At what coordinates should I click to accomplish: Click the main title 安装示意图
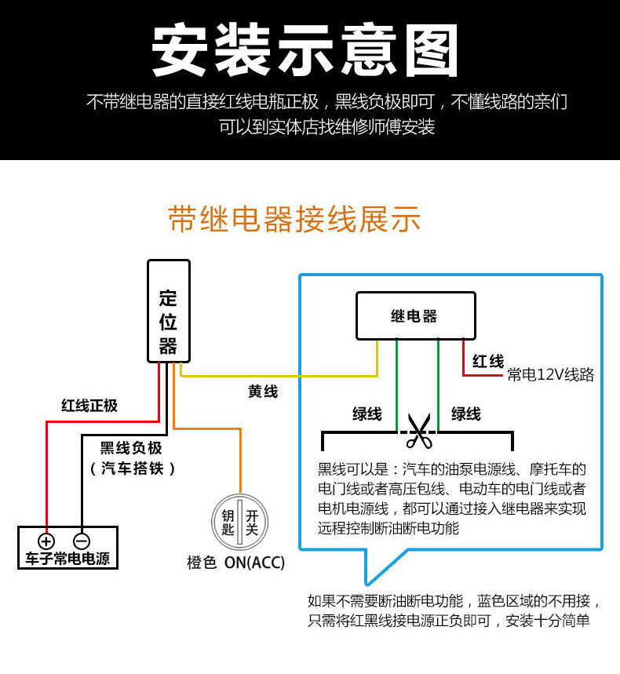[x=305, y=51]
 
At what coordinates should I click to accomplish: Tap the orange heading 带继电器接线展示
[x=294, y=220]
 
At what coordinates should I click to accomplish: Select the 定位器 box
[x=168, y=311]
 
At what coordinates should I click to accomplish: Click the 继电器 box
[x=415, y=315]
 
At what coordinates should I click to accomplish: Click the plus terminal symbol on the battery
[x=46, y=541]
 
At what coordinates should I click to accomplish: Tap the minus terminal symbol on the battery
[x=82, y=541]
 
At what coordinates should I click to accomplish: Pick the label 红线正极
[x=89, y=405]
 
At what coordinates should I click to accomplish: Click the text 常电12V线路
[x=550, y=375]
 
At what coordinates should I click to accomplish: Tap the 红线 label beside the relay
[x=488, y=361]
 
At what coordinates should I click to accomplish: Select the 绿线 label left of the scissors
[x=367, y=414]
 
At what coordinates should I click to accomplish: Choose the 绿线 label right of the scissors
[x=465, y=414]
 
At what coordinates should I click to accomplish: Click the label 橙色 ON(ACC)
[x=235, y=563]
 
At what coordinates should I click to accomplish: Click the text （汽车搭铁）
[x=132, y=468]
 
